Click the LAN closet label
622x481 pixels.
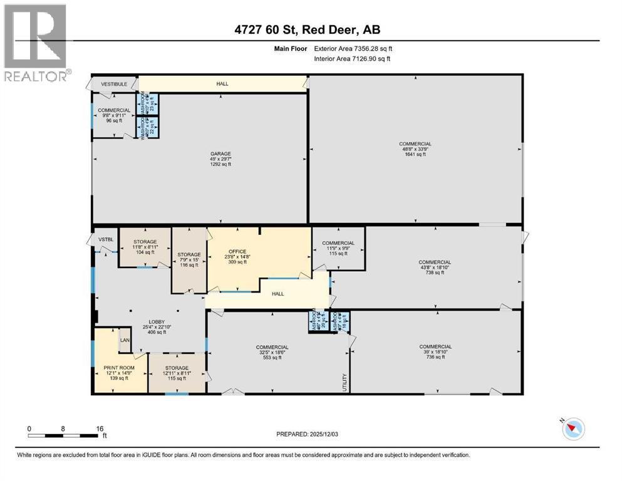coord(125,340)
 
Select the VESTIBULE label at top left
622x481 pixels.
coord(115,83)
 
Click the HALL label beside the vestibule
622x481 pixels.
coord(222,83)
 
